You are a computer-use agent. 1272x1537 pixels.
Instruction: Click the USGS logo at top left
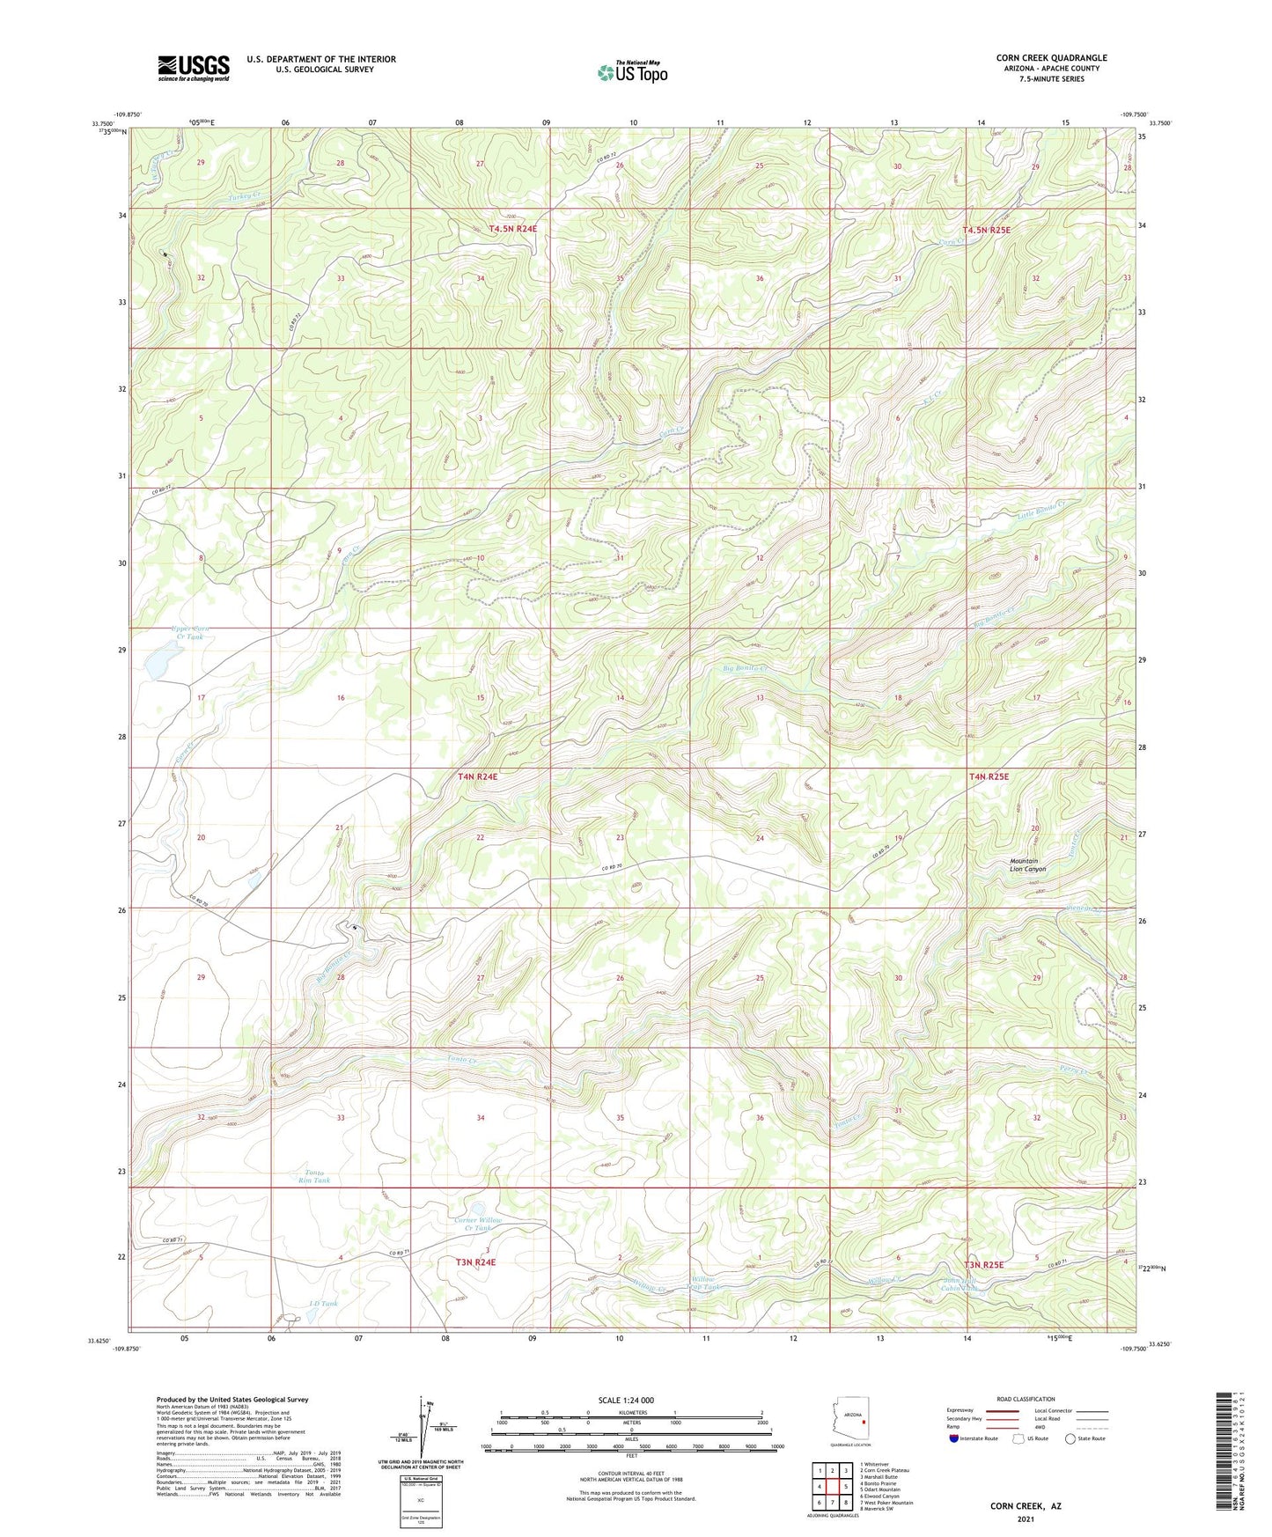pyautogui.click(x=193, y=68)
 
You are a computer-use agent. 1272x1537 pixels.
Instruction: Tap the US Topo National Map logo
pyautogui.click(x=632, y=72)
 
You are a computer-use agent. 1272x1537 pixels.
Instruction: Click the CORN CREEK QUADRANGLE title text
pyautogui.click(x=1051, y=58)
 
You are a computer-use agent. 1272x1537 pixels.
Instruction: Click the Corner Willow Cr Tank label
pyautogui.click(x=478, y=1224)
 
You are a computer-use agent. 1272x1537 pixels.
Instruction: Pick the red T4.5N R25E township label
pyautogui.click(x=986, y=230)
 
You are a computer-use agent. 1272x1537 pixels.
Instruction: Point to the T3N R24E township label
pyautogui.click(x=475, y=1262)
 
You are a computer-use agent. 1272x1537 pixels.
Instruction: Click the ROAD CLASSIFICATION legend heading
pyautogui.click(x=1026, y=1399)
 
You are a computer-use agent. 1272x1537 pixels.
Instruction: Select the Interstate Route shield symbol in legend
pyautogui.click(x=954, y=1439)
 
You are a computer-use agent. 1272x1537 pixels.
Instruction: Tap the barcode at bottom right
pyautogui.click(x=1223, y=1448)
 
